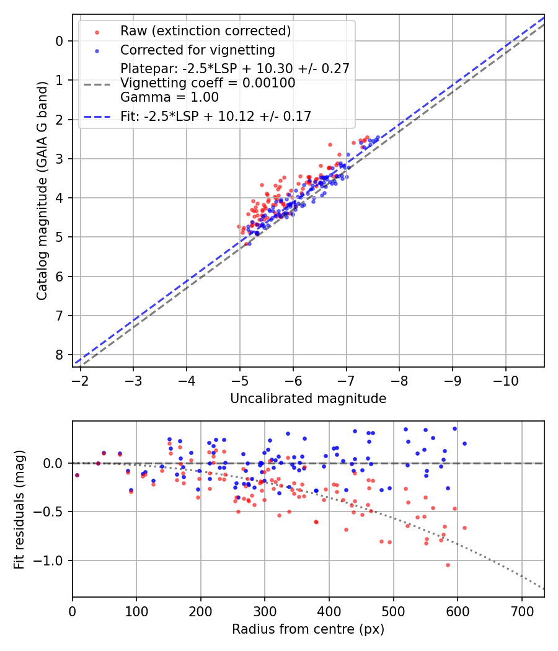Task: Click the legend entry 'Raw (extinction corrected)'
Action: click(x=205, y=31)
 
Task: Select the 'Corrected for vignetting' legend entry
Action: click(x=198, y=50)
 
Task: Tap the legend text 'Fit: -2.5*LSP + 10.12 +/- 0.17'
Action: click(x=216, y=116)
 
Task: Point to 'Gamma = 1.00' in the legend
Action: click(x=169, y=97)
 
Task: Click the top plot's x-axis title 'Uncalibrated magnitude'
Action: click(x=308, y=399)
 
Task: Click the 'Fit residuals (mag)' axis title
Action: click(x=19, y=508)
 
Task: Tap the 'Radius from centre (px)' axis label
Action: click(x=308, y=629)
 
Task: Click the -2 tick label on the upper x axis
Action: click(x=80, y=379)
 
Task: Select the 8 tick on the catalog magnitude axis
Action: click(x=60, y=355)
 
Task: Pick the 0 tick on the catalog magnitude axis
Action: click(x=60, y=41)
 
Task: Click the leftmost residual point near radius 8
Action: click(x=77, y=475)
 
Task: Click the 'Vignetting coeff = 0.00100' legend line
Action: click(x=208, y=83)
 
